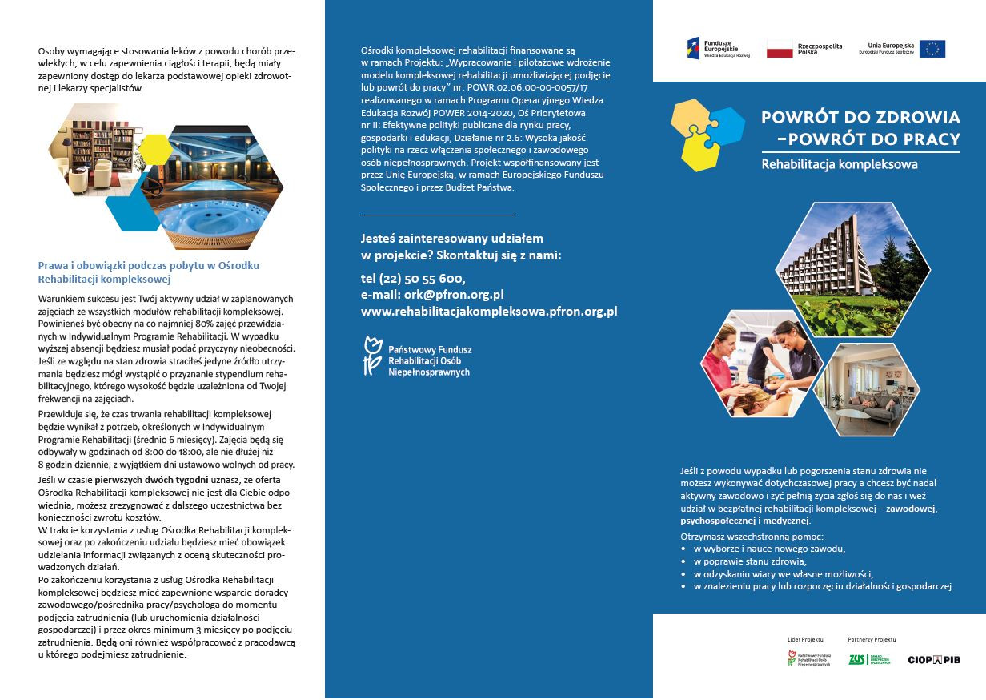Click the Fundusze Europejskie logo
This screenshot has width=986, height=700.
point(712,48)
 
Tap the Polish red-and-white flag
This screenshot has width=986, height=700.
point(779,49)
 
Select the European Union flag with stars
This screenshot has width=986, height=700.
point(932,49)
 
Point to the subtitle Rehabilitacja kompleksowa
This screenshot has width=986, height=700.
point(839,165)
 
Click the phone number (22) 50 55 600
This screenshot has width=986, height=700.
point(413,278)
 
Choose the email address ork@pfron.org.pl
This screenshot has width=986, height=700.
point(432,295)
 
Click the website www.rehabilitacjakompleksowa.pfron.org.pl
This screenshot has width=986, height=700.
point(489,312)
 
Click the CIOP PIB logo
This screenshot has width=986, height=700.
point(933,659)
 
